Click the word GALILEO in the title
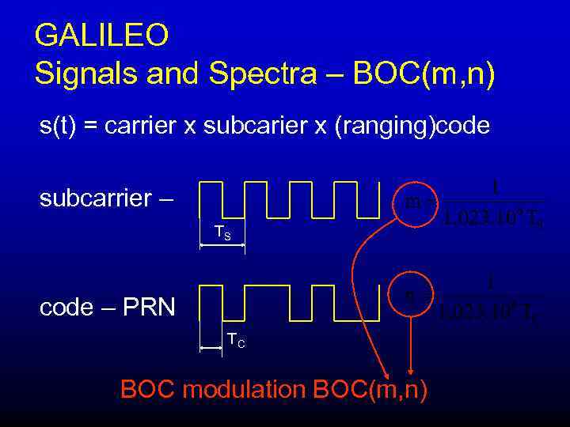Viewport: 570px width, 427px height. coord(101,36)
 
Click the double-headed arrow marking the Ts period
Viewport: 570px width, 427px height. coord(222,246)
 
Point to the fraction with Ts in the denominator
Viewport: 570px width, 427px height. coord(494,202)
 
